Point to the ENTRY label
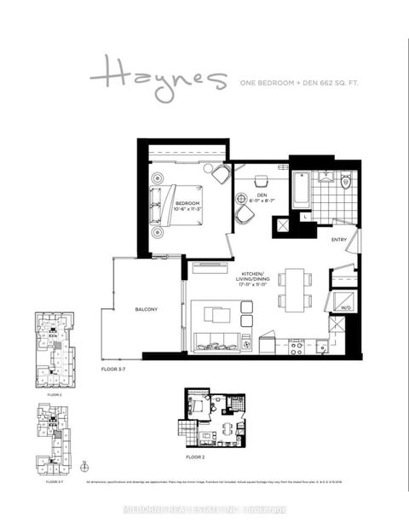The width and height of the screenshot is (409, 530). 339,239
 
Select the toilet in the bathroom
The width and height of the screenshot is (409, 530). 346,182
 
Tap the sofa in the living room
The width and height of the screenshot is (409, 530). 221,346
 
